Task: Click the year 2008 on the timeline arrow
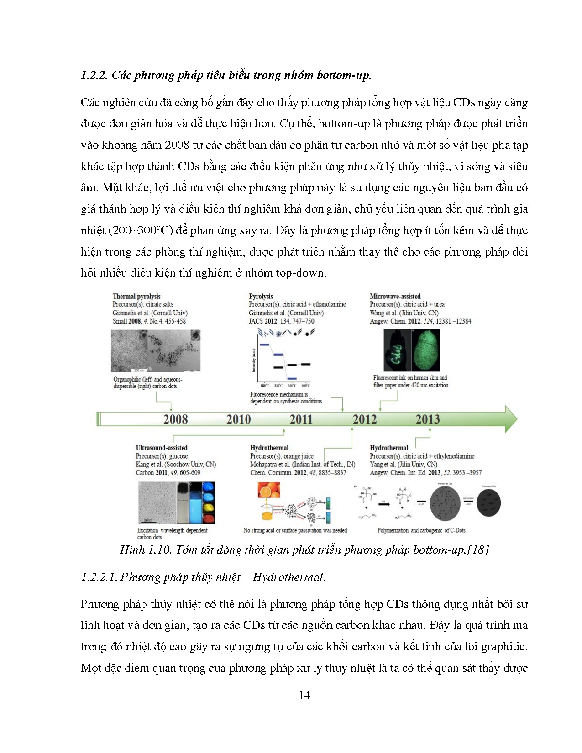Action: click(175, 419)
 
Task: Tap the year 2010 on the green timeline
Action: click(238, 419)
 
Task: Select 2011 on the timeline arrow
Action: click(301, 419)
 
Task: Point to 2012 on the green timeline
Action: click(364, 419)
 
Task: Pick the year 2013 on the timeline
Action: click(427, 419)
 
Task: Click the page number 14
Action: click(304, 695)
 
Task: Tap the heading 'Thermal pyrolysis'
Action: click(136, 297)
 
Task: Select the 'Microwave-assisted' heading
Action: click(395, 297)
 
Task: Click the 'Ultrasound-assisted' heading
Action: click(162, 448)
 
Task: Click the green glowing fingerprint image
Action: click(426, 350)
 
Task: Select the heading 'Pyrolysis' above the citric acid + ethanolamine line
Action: click(261, 297)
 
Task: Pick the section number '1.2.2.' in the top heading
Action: click(94, 75)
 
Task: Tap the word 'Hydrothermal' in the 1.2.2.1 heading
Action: click(288, 577)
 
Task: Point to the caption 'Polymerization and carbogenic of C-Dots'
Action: click(421, 530)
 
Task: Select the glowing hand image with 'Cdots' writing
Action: click(397, 350)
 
